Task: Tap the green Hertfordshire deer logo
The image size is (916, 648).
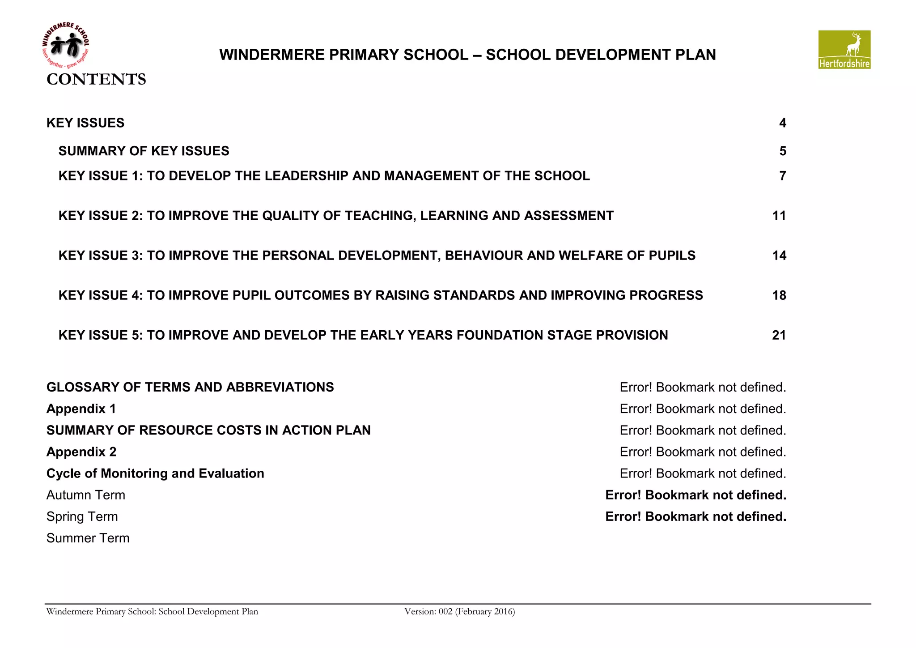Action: coord(844,50)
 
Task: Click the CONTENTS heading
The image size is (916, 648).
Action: coord(96,79)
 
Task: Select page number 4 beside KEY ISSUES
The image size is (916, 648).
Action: coord(782,123)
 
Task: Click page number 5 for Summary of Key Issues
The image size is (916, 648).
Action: coord(782,151)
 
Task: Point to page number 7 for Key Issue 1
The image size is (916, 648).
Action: coord(782,176)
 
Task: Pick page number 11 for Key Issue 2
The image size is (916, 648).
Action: coord(779,216)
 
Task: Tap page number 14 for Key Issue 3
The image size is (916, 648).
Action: coord(779,256)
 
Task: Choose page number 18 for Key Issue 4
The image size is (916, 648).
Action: coord(779,295)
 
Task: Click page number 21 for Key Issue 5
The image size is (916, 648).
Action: coord(779,335)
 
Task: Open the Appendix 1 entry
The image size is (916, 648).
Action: coord(81,409)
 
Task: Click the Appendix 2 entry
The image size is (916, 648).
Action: coord(81,452)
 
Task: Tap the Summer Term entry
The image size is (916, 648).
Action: coord(88,538)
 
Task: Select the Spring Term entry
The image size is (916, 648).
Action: coord(82,517)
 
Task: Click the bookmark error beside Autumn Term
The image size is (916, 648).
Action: coord(695,495)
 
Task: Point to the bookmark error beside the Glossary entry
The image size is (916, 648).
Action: coord(703,388)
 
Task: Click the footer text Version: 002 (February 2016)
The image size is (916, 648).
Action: coord(459,612)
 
